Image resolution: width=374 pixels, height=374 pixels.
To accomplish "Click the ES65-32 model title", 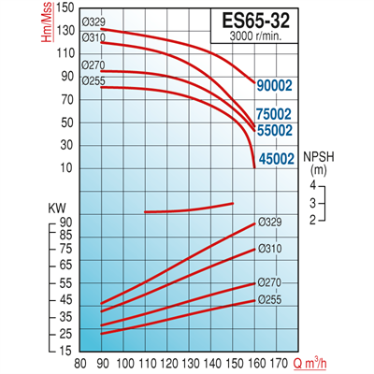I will point(266,19).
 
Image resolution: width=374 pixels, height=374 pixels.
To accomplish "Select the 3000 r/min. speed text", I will point(266,36).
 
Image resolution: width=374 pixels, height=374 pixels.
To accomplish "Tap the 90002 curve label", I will point(276,86).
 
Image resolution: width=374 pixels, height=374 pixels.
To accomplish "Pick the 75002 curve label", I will point(276,113).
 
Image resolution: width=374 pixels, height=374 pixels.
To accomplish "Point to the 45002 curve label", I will point(276,159).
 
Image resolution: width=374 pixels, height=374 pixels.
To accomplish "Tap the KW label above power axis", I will point(55,209).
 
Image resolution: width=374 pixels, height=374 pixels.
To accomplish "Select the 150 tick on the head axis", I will point(65,7).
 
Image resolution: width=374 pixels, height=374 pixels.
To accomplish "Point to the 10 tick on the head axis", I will point(67,167).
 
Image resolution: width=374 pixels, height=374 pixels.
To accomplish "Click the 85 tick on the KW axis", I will point(66,236).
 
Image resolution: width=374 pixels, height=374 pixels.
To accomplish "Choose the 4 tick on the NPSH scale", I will point(306,187).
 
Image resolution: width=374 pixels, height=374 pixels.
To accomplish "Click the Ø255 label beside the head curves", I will point(93,81).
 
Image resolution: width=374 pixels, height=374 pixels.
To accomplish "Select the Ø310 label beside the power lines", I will point(268,250).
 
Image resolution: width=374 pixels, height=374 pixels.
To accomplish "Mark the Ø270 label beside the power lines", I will point(268,283).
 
